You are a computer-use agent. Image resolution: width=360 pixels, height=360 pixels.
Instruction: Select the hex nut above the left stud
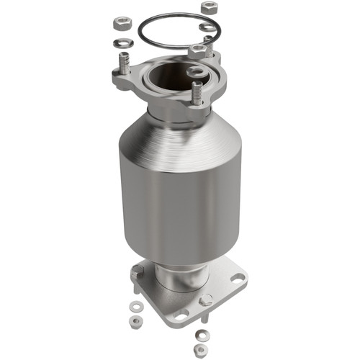pos(120,22)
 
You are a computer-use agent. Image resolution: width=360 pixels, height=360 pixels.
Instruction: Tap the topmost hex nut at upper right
pos(210,6)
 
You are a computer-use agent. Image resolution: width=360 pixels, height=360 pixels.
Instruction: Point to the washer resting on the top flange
pos(195,72)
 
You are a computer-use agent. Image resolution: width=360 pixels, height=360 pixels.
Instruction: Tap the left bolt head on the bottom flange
pos(137,271)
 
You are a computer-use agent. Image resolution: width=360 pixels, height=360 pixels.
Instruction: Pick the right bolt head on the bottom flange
pos(207,300)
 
